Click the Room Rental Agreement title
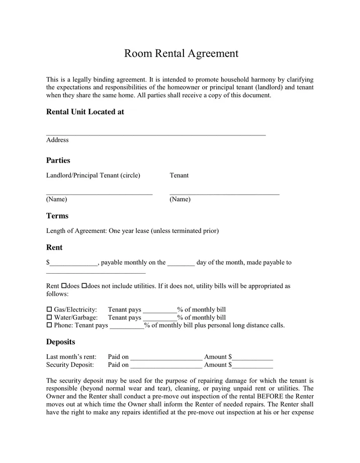181,53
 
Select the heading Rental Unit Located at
85,112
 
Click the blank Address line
156,133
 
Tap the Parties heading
58,161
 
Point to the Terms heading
57,216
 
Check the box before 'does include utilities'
64,286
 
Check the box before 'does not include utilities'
84,286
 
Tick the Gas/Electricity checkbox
49,310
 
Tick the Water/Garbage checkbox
49,318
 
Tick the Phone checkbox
49,326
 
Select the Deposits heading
61,342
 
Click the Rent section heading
54,248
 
